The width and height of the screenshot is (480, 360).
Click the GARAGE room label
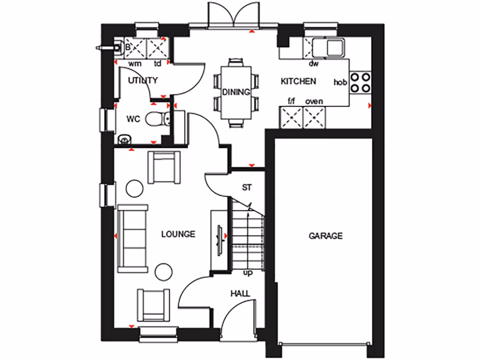[325, 236]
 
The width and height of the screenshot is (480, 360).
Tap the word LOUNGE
[178, 234]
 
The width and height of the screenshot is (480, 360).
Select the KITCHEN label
[298, 81]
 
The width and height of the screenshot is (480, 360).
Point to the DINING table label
[236, 92]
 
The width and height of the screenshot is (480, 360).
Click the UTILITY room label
[142, 80]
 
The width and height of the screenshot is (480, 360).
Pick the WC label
[133, 119]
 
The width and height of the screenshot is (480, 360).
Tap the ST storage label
[247, 187]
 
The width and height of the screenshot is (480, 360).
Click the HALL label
[240, 293]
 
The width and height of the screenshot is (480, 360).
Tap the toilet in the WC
[157, 119]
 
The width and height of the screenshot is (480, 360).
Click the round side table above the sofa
[135, 188]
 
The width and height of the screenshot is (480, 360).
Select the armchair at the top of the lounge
[164, 167]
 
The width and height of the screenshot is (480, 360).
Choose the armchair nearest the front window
[153, 305]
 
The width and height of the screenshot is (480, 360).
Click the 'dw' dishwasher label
[314, 63]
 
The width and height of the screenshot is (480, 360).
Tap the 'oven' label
[314, 101]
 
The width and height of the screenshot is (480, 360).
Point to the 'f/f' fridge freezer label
[291, 101]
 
